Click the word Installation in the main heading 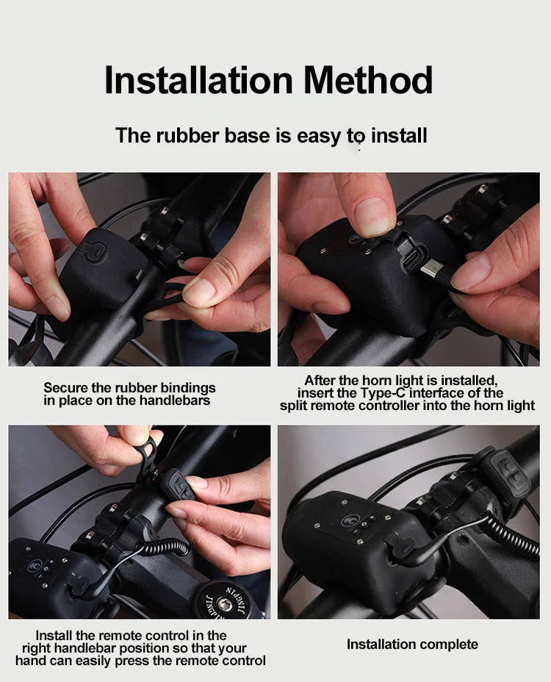click(199, 80)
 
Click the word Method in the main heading click(368, 80)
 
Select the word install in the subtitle click(399, 135)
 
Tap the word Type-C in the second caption click(383, 393)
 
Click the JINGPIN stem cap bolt click(224, 603)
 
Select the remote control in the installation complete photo click(508, 473)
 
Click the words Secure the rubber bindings click(129, 387)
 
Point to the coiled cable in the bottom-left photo click(165, 547)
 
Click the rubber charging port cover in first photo click(93, 251)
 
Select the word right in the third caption click(33, 648)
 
